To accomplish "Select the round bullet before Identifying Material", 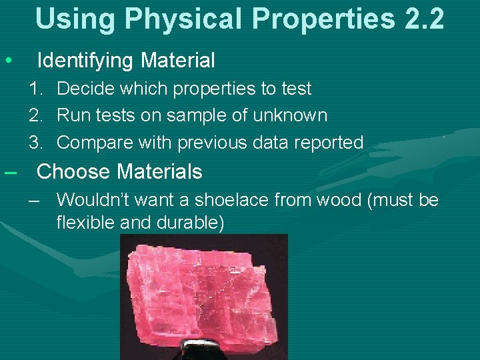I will point(8,61).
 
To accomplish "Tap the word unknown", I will point(290,115).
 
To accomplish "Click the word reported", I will point(325,143).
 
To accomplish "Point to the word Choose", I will point(74,172).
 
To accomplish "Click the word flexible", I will point(85,222).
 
